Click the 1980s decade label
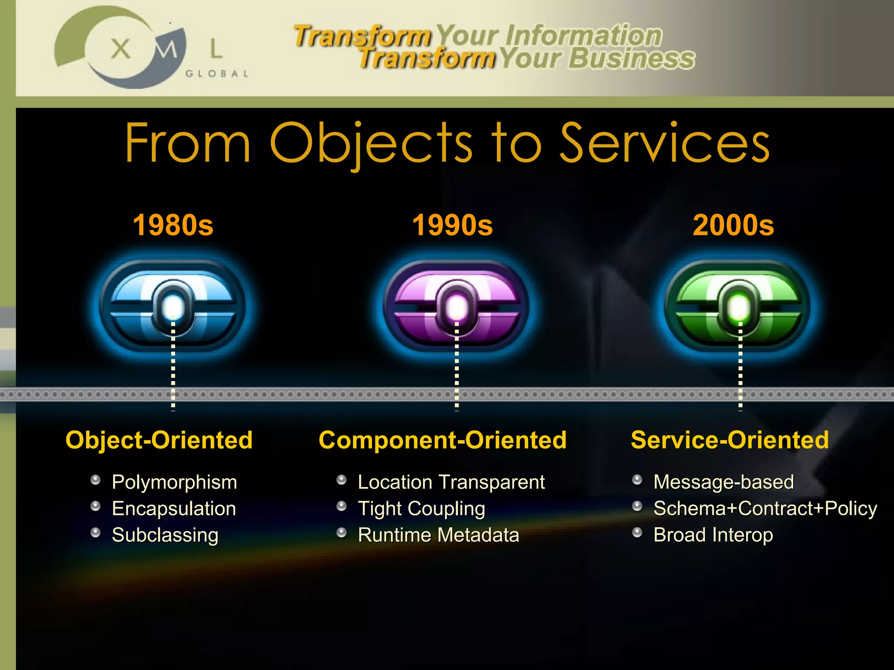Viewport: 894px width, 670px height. pyautogui.click(x=173, y=226)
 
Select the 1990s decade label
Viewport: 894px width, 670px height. pyautogui.click(x=452, y=226)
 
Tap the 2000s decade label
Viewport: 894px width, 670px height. pyautogui.click(x=733, y=226)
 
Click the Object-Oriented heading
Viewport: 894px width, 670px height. pyautogui.click(x=159, y=440)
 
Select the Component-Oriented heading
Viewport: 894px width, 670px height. pyautogui.click(x=443, y=440)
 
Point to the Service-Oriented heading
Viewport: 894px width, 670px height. pyautogui.click(x=729, y=440)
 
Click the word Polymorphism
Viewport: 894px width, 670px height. pyautogui.click(x=174, y=482)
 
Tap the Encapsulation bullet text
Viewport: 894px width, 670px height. pyautogui.click(x=174, y=509)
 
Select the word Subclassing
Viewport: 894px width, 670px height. pyautogui.click(x=165, y=535)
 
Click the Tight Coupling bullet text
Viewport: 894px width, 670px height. pyautogui.click(x=421, y=509)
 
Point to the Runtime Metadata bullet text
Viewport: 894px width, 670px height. pyautogui.click(x=438, y=535)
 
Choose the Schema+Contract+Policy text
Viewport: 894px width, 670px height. pyautogui.click(x=765, y=509)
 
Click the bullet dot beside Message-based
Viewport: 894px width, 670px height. pyautogui.click(x=637, y=480)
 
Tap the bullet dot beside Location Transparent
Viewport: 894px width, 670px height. pyautogui.click(x=342, y=480)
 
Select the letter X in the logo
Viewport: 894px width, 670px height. pyautogui.click(x=120, y=48)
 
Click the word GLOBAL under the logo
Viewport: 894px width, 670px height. pyautogui.click(x=217, y=74)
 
